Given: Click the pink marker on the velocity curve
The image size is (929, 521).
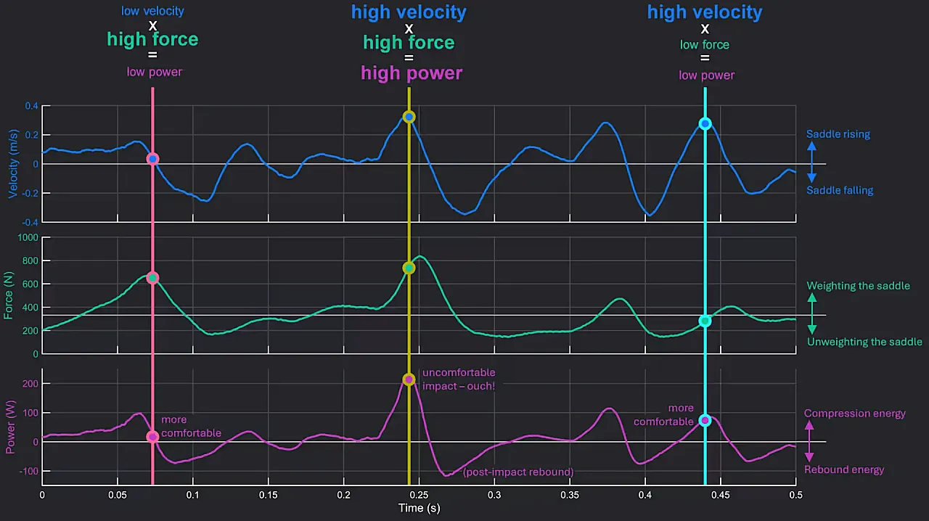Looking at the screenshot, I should [x=152, y=159].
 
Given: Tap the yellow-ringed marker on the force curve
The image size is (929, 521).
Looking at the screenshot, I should [x=409, y=268].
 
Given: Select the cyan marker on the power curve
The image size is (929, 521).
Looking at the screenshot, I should [x=705, y=420].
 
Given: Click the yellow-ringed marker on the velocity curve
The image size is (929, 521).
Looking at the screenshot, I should [x=409, y=117].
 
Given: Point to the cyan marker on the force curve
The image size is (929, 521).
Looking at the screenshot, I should [x=705, y=321].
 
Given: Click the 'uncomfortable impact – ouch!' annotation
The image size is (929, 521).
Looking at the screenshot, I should [x=459, y=380].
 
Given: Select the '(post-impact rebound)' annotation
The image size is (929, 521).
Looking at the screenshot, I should [x=518, y=472].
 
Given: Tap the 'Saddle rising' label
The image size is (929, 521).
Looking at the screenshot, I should [x=838, y=134].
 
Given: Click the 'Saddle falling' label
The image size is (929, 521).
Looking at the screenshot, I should [x=840, y=191].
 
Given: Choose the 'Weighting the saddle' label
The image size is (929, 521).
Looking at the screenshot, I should [x=858, y=286].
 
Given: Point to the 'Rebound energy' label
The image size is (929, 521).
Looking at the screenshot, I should [x=844, y=469].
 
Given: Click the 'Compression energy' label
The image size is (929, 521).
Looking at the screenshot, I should [x=854, y=414].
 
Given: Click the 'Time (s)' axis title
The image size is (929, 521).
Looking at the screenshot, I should [x=419, y=508].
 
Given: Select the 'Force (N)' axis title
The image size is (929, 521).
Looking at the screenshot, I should [x=9, y=296].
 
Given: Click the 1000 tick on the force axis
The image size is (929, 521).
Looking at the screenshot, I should [x=27, y=238].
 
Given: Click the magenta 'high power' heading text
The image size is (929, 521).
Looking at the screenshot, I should [x=412, y=73].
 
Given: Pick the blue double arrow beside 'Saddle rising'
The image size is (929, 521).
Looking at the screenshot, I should [x=812, y=163].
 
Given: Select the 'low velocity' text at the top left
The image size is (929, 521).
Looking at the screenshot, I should [x=152, y=11].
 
